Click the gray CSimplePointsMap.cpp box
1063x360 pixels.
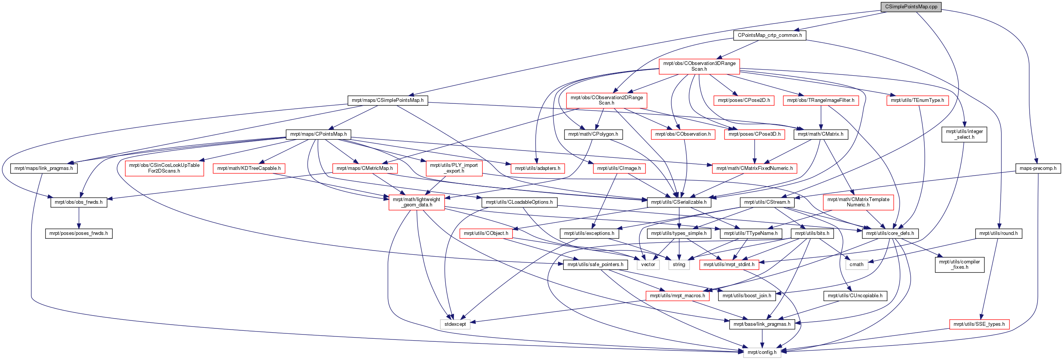pyautogui.click(x=911, y=7)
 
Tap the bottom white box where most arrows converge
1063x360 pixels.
pyautogui.click(x=762, y=352)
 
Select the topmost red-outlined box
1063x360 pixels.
pyautogui.click(x=699, y=67)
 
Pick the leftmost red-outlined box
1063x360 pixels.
pyautogui.click(x=164, y=168)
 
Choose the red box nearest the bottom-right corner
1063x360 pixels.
pyautogui.click(x=979, y=325)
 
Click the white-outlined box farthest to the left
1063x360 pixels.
pyautogui.click(x=455, y=325)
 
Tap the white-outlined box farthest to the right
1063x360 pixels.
pyautogui.click(x=857, y=265)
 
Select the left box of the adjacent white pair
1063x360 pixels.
pyautogui.click(x=648, y=265)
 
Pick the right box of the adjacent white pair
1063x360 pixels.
pyautogui.click(x=679, y=265)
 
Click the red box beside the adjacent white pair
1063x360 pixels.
pyautogui.click(x=729, y=265)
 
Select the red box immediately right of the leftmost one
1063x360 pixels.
pyautogui.click(x=249, y=168)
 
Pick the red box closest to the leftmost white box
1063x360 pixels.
pyautogui.click(x=486, y=234)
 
